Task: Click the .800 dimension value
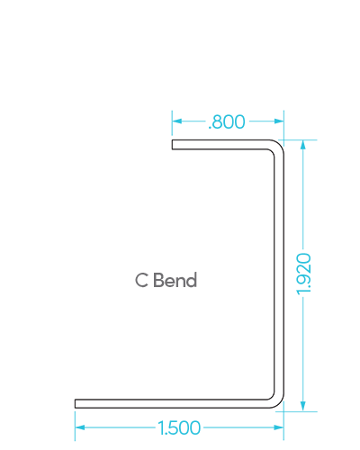(227, 121)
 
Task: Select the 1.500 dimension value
(179, 427)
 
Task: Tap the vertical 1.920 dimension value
(303, 274)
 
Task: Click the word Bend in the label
(175, 280)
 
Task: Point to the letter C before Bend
(141, 280)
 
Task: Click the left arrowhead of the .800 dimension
(177, 121)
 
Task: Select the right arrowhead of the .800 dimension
(279, 121)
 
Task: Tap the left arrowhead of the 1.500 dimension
(80, 427)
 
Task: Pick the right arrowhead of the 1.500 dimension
(279, 427)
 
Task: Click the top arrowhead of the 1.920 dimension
(303, 145)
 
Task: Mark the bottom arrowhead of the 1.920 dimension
(303, 406)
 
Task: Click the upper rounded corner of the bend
(278, 146)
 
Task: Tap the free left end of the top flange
(172, 145)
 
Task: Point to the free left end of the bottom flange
(75, 404)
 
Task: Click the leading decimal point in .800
(210, 128)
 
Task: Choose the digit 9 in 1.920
(303, 278)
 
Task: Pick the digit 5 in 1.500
(173, 427)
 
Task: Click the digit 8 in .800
(218, 121)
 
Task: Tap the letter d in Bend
(192, 280)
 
